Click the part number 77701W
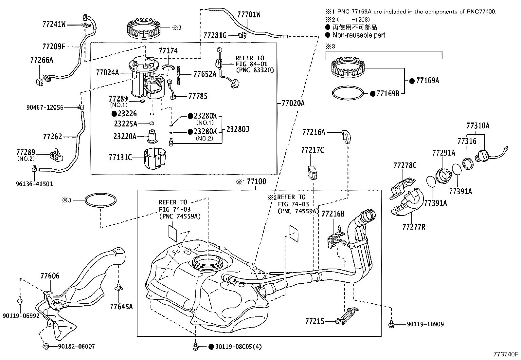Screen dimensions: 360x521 249,15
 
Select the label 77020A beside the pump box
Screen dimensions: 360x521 293,104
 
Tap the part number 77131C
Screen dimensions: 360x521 120,158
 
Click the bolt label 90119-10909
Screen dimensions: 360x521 425,324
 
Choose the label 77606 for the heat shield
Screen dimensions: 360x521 50,276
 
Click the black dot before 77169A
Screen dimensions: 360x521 412,81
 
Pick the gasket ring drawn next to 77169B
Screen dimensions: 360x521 348,93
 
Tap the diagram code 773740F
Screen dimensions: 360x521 506,354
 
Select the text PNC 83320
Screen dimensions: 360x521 255,70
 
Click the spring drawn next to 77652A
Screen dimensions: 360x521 179,75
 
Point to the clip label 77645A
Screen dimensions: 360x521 121,307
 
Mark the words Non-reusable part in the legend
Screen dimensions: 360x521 359,35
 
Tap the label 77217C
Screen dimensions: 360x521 313,150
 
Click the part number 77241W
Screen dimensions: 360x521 54,24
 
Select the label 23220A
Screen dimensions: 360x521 125,136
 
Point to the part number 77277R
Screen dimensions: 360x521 414,227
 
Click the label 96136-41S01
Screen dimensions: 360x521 34,184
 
